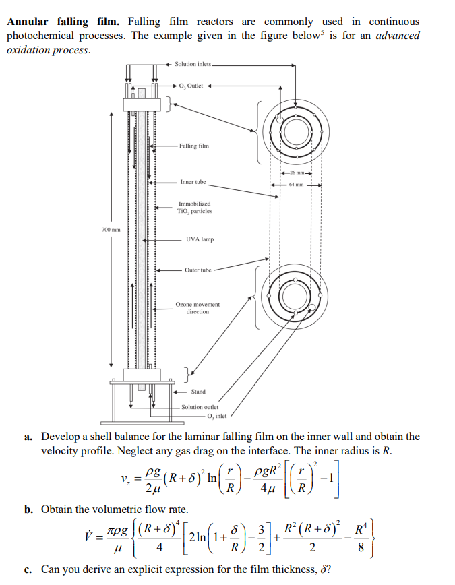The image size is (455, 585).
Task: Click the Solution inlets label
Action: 193,64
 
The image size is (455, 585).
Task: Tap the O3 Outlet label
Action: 191,86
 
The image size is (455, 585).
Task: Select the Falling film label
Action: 194,146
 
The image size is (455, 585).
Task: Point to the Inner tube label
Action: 193,182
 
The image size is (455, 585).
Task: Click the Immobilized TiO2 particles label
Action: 194,207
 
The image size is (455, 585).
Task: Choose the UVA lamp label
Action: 200,239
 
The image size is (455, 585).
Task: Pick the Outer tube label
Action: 198,270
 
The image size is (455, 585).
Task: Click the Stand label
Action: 199,392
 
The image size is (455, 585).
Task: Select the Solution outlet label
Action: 200,407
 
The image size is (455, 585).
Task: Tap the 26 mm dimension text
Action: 297,173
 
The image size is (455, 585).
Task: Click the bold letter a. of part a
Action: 29,437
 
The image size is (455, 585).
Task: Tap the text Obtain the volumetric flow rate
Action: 115,510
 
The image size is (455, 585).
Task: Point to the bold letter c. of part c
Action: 29,569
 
